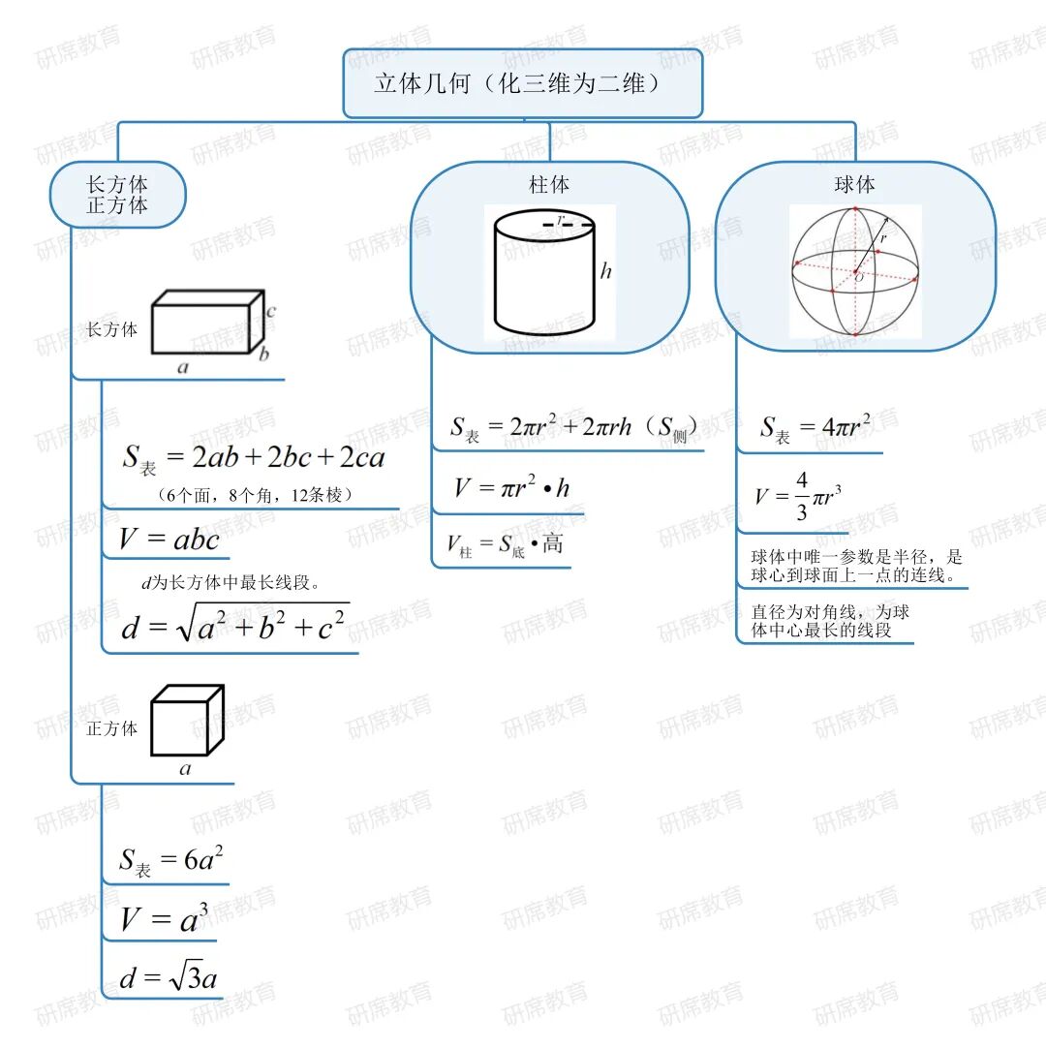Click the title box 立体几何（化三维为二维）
[x=522, y=84]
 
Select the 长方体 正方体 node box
[x=117, y=195]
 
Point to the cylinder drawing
[x=544, y=275]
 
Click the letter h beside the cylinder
[x=606, y=271]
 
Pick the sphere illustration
[x=854, y=272]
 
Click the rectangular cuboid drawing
[x=207, y=324]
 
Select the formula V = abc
[x=169, y=540]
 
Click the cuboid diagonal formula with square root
[x=234, y=624]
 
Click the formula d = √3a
[x=169, y=978]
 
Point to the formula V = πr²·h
[x=511, y=488]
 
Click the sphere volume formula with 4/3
[x=797, y=496]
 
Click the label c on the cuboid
[x=272, y=312]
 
